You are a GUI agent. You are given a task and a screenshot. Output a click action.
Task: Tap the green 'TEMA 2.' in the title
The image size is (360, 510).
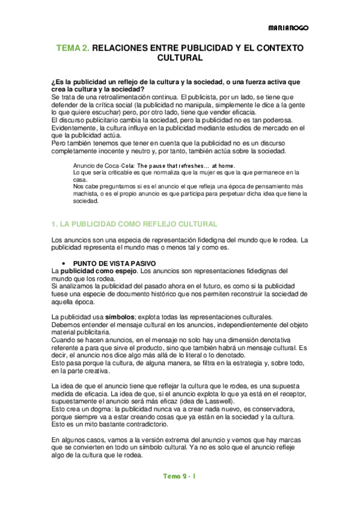click(73, 48)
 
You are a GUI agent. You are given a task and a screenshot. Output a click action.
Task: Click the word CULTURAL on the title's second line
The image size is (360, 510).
click(180, 58)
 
